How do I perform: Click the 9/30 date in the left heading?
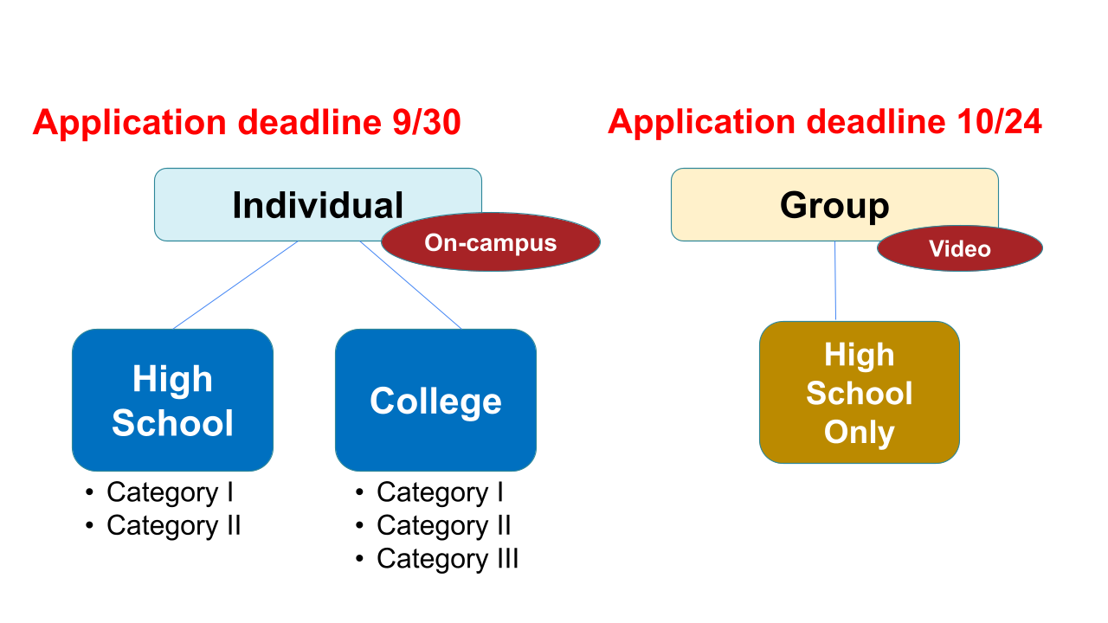click(420, 123)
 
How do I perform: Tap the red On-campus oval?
click(490, 242)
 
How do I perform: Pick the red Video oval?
click(959, 249)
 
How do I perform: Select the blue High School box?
click(172, 400)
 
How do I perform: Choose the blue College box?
click(435, 400)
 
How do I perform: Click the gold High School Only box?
click(859, 393)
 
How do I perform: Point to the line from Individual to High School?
click(235, 285)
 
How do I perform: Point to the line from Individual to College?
click(410, 285)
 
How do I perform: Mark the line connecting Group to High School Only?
click(835, 281)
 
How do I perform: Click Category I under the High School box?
click(170, 492)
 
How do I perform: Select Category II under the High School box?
click(173, 525)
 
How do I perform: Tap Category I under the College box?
click(440, 492)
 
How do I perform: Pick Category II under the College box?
click(443, 525)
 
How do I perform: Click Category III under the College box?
click(448, 559)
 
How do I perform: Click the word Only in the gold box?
click(859, 432)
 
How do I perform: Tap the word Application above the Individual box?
click(129, 123)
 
